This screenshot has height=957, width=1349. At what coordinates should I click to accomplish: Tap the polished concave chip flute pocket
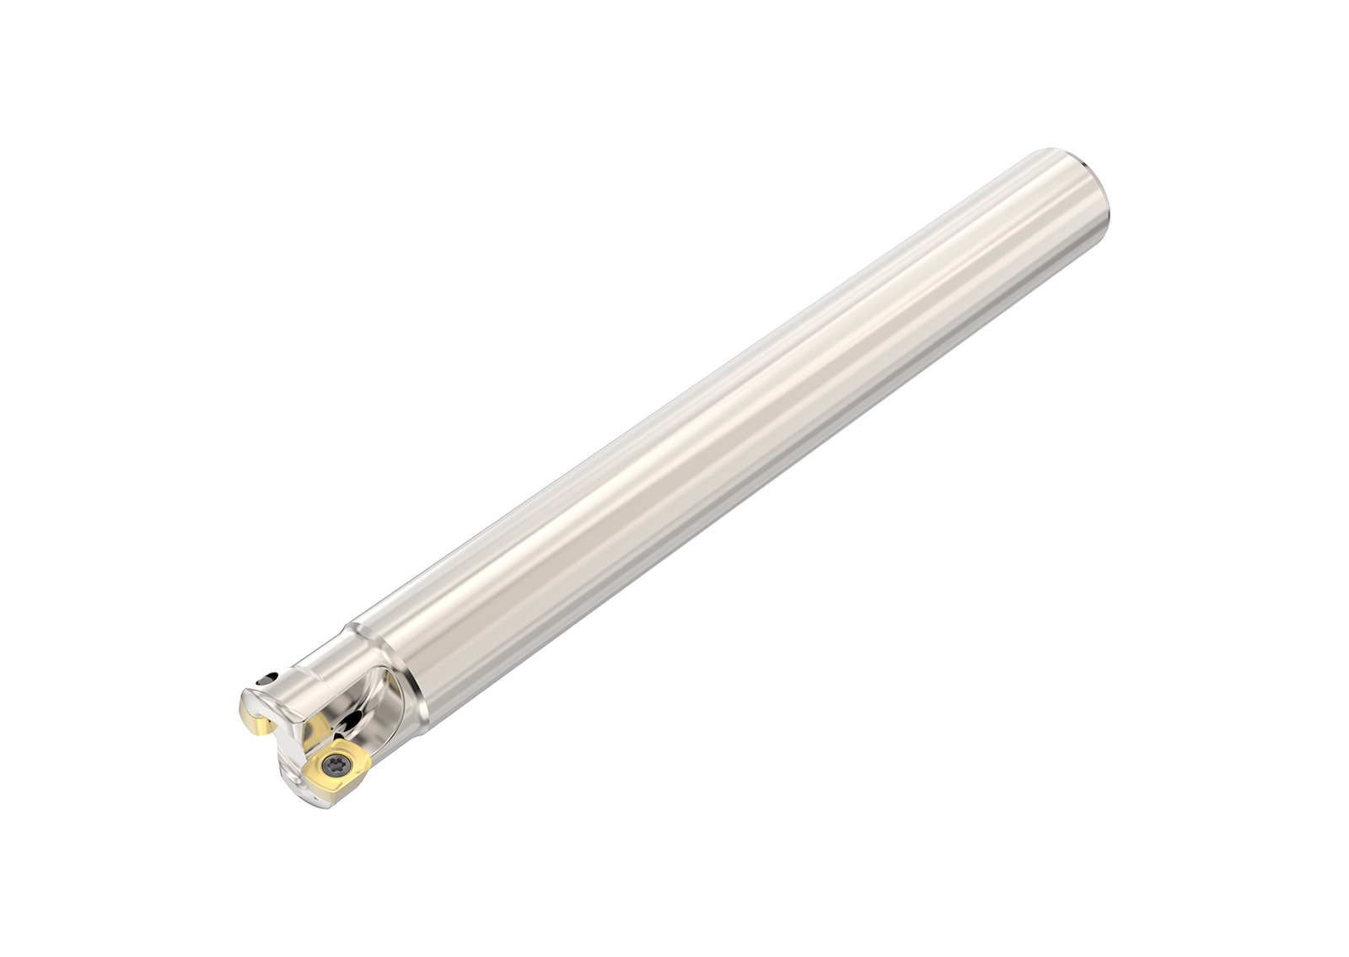point(375,708)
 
